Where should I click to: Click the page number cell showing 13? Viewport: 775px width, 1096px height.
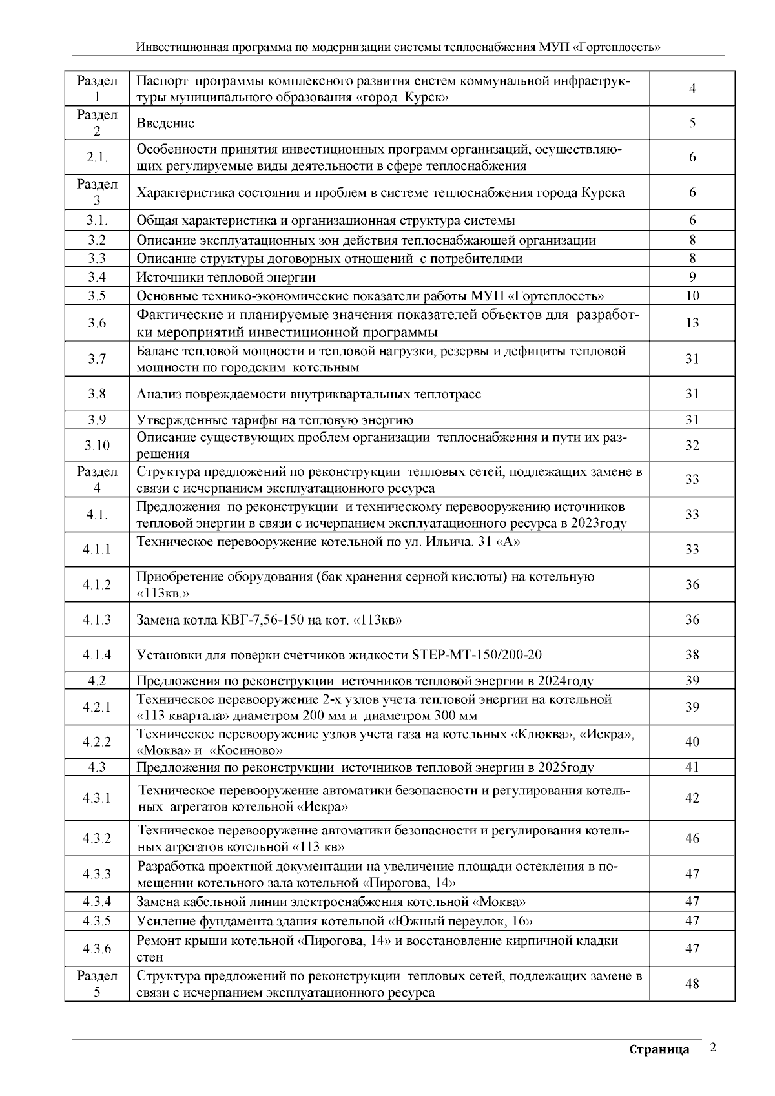tap(692, 323)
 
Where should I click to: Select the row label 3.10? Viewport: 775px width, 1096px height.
tap(97, 446)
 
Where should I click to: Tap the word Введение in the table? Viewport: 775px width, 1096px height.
tap(165, 123)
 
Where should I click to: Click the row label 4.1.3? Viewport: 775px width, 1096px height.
tap(97, 620)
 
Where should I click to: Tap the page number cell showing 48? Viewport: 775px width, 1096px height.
tap(692, 984)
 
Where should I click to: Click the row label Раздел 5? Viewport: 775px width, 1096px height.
tap(97, 984)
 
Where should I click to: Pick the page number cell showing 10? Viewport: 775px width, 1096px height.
tap(692, 296)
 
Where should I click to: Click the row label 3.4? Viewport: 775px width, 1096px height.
tap(97, 277)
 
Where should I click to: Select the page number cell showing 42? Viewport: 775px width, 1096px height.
tap(692, 798)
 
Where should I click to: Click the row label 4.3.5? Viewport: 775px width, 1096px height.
tap(97, 921)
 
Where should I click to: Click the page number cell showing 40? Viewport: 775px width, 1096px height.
tap(692, 742)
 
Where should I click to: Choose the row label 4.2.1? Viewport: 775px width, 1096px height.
tap(97, 707)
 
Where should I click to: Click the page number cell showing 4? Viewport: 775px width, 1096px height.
tap(692, 88)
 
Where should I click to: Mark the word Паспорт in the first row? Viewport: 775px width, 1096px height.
tap(162, 81)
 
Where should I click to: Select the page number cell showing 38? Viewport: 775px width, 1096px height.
tap(692, 655)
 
